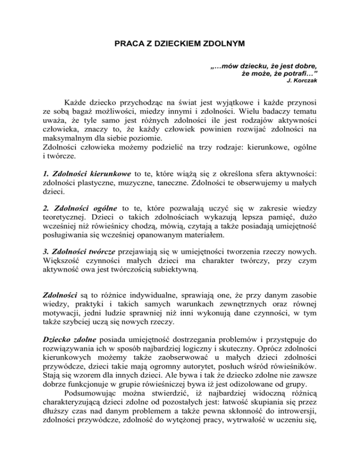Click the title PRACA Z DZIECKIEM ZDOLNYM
[x=180, y=47]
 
